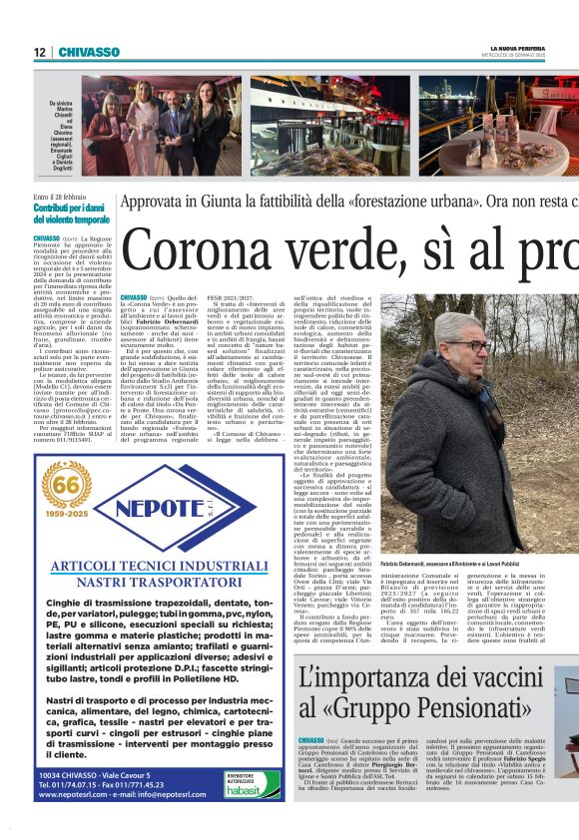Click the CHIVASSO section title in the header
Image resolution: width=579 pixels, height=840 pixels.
click(x=89, y=52)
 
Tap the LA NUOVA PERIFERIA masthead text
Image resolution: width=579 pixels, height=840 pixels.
click(x=517, y=48)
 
